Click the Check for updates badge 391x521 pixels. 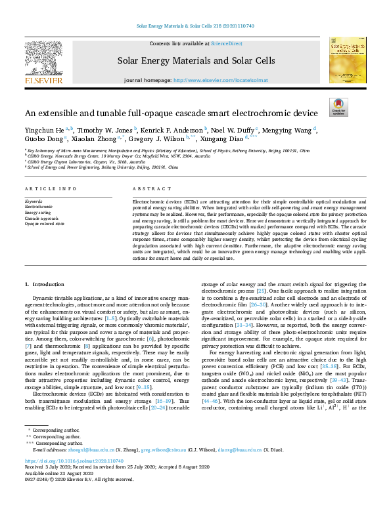point(338,108)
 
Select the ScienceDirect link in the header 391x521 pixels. point(226,43)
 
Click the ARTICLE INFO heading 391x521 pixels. point(49,188)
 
